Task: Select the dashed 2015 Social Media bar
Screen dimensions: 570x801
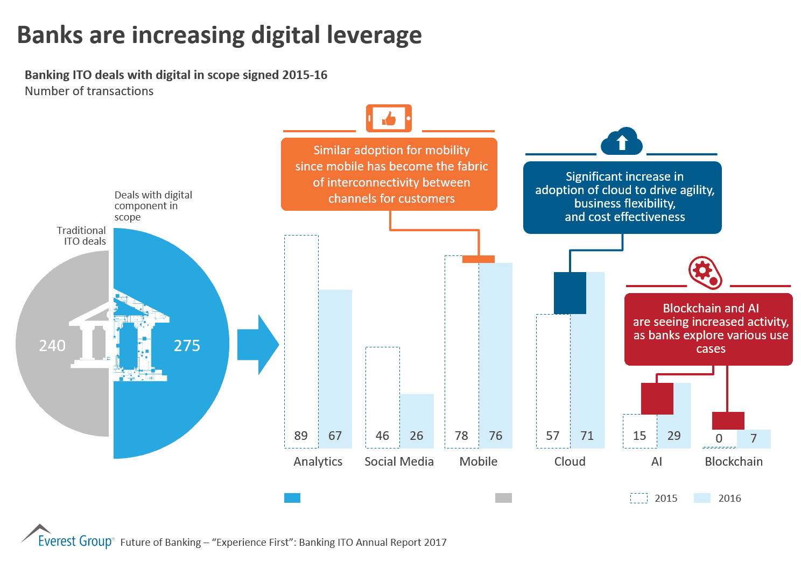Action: [x=383, y=397]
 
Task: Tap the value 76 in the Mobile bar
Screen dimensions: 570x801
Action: [x=496, y=436]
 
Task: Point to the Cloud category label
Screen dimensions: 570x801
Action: [x=570, y=461]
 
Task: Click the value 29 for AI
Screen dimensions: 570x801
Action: [x=674, y=436]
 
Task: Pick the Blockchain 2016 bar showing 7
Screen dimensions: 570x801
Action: [x=754, y=439]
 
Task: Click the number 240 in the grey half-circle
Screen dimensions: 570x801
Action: [x=52, y=345]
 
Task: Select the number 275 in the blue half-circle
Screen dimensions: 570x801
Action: [x=187, y=345]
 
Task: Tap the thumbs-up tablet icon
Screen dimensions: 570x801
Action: [x=389, y=118]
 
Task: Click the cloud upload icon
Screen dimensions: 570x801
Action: [x=622, y=142]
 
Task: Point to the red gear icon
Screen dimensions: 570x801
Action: [x=705, y=272]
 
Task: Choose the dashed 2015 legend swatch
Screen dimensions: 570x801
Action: [x=639, y=498]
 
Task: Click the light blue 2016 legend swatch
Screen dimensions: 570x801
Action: [x=702, y=498]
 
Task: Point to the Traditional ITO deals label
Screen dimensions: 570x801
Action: [x=82, y=236]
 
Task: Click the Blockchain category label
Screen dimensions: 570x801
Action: [x=734, y=461]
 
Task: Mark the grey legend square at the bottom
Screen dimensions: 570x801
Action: [x=503, y=498]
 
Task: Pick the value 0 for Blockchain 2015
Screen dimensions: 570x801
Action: [x=719, y=438]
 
